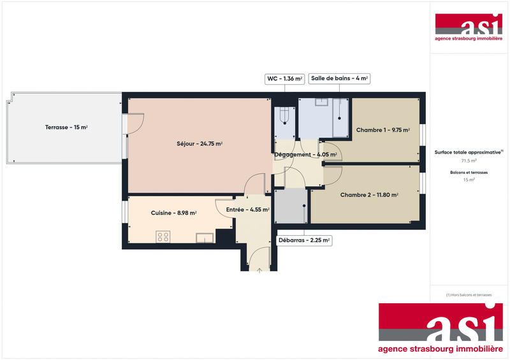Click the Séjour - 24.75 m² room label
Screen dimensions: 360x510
click(200, 144)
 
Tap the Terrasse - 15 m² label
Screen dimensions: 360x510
click(66, 127)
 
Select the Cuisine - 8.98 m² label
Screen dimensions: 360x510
click(173, 213)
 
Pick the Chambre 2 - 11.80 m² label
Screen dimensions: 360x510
click(369, 195)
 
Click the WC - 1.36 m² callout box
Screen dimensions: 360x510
click(284, 79)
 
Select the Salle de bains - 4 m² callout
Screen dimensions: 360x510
click(339, 79)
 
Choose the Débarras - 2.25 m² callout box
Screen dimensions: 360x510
click(303, 241)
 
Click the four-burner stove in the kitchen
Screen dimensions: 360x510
click(163, 236)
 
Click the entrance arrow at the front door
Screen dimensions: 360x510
click(259, 270)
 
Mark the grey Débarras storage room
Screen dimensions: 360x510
click(290, 205)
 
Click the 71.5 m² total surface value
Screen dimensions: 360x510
click(469, 161)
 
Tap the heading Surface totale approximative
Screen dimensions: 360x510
click(469, 153)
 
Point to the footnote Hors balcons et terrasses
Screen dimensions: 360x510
click(469, 295)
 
